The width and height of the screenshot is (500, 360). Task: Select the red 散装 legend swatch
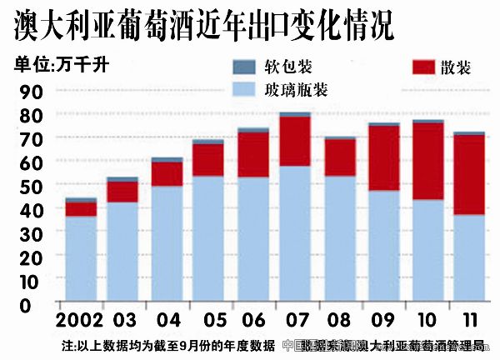coord(425,67)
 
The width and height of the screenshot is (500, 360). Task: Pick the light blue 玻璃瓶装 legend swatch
coord(245,87)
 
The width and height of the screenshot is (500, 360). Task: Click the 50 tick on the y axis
coord(30,186)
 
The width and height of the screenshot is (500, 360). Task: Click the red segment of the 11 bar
coord(468,175)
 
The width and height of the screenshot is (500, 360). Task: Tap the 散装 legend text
coord(456,67)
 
